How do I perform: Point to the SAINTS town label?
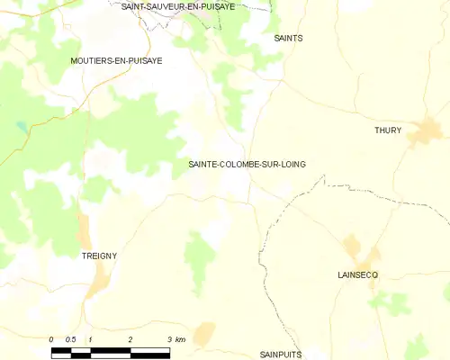tap(288, 39)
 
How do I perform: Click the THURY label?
tap(388, 130)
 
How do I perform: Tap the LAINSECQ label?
tap(357, 274)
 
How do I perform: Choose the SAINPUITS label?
tap(281, 355)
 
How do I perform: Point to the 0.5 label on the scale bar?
tap(70, 339)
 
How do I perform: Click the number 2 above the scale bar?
tap(130, 339)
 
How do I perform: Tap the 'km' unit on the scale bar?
tap(180, 339)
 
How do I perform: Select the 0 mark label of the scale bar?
tap(52, 339)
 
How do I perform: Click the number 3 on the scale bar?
tap(169, 339)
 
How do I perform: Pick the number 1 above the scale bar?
tap(91, 339)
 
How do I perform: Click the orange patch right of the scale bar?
tap(204, 334)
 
